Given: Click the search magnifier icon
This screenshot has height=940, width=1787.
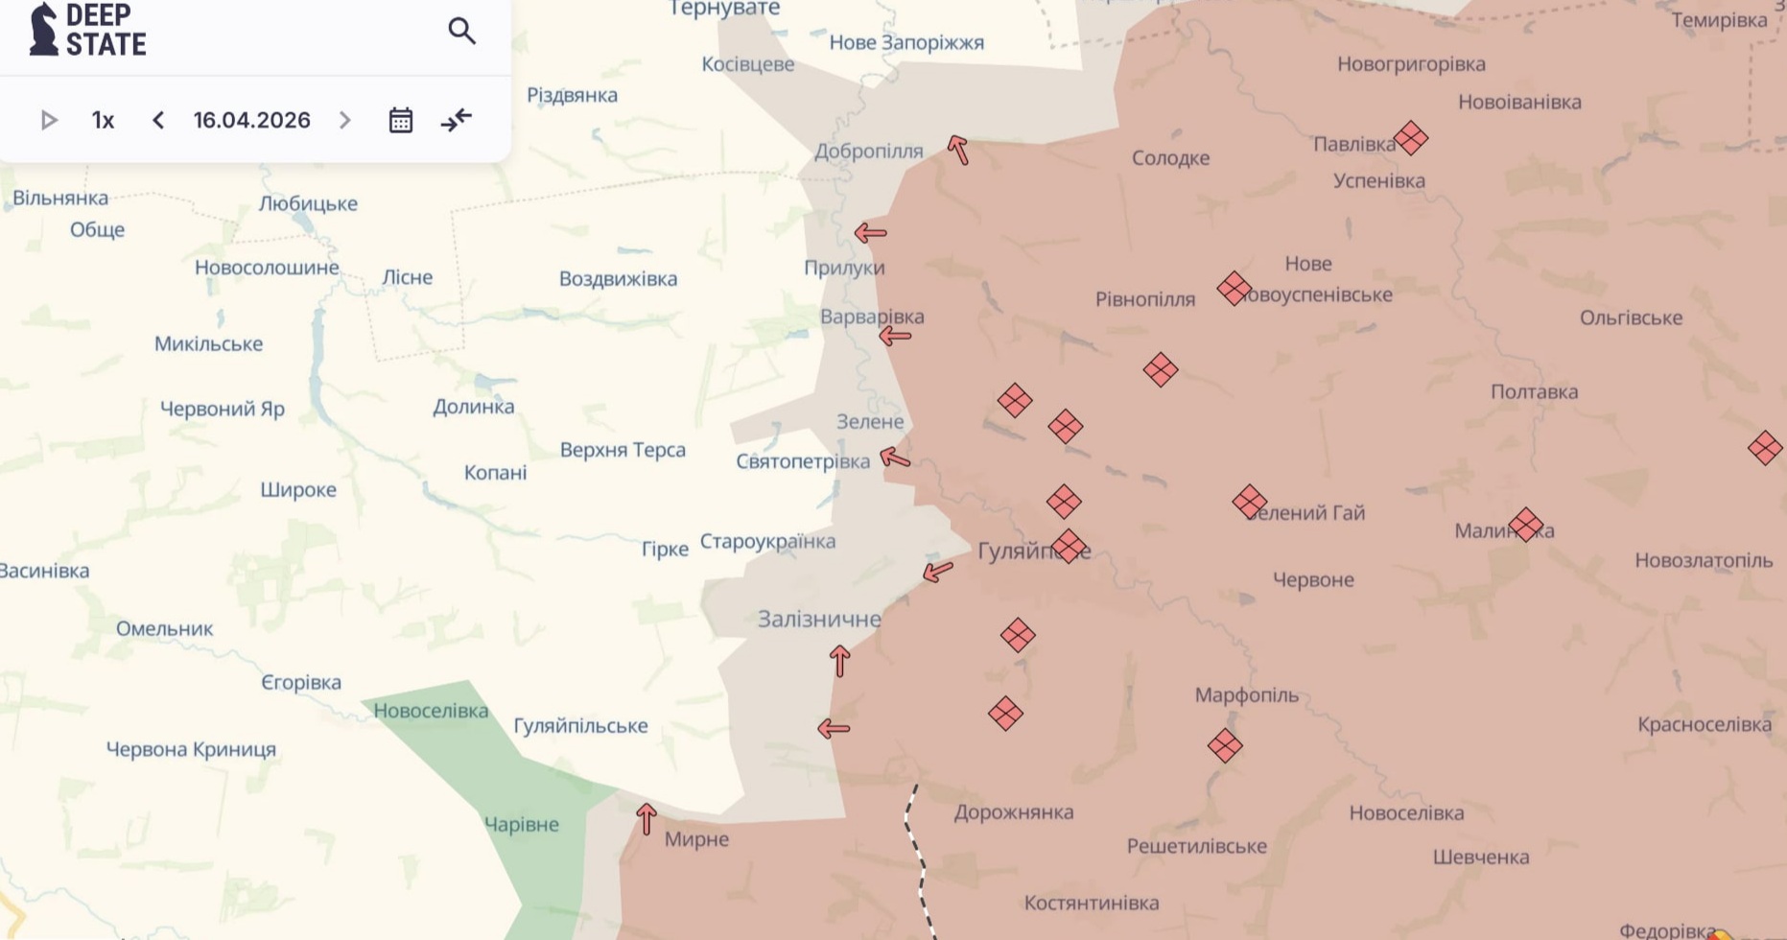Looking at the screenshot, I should point(461,32).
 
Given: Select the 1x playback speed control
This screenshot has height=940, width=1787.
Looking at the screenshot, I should point(103,120).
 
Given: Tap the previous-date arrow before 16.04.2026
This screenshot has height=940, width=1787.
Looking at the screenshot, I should point(158,120).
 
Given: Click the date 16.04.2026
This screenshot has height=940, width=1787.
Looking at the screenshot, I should point(251,120).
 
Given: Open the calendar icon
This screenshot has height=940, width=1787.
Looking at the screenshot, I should point(400,120).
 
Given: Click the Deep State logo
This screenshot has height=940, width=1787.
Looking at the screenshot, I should point(87,30).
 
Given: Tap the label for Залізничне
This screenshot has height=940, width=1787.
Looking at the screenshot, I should point(819,619).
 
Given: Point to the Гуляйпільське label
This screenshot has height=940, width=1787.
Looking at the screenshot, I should point(580,725).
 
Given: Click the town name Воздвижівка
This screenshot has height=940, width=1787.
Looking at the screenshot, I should point(618,278).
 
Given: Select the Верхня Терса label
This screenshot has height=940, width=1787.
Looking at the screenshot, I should point(623,449).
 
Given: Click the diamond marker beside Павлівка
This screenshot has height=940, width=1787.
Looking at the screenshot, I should point(1410,138).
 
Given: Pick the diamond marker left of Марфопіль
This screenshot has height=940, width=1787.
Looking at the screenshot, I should point(1225,745).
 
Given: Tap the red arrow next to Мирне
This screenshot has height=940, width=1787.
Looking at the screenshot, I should point(647,818).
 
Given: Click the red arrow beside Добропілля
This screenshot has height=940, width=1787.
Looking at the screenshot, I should point(958,150).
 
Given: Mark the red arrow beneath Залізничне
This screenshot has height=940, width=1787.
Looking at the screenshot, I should point(839,661).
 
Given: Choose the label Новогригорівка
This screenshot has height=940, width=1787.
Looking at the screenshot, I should point(1411,64).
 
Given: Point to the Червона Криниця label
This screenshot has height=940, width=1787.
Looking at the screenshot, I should point(191,749).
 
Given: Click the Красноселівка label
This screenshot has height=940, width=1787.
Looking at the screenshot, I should point(1704,724).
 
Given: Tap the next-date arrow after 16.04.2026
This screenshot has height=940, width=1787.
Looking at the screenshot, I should point(345,120).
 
